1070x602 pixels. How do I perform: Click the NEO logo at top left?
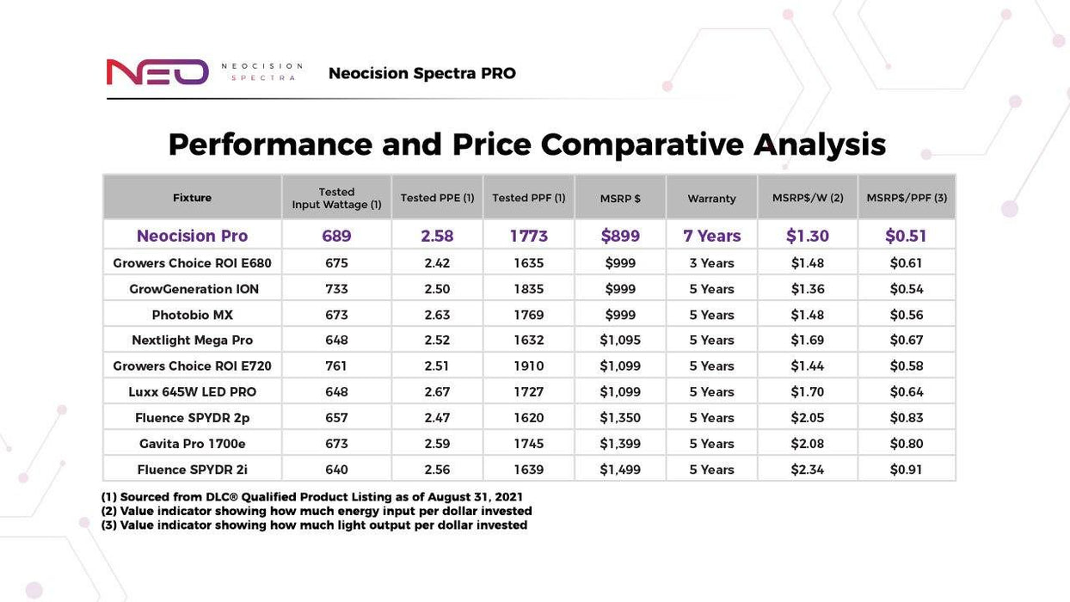click(157, 72)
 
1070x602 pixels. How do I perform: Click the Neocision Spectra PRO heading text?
click(421, 73)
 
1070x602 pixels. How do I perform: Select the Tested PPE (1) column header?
click(437, 198)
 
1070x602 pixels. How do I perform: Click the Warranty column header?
click(711, 199)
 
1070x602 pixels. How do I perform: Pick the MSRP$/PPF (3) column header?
click(907, 198)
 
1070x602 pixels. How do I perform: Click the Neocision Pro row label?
click(192, 236)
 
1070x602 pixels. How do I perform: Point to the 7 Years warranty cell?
click(711, 236)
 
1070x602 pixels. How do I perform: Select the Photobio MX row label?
click(192, 315)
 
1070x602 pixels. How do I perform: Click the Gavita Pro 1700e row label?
click(192, 444)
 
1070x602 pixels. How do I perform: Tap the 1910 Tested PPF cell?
click(528, 366)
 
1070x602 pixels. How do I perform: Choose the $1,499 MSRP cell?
click(620, 470)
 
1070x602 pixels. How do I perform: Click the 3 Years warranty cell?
click(711, 263)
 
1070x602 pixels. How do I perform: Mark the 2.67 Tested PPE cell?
click(437, 392)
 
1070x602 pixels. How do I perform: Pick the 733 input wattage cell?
click(336, 289)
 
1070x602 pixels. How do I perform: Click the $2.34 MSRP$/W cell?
click(808, 470)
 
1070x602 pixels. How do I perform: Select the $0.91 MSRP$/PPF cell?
click(907, 470)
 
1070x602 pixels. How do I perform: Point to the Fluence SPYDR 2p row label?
click(192, 418)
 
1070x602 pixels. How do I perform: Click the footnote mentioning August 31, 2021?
click(312, 497)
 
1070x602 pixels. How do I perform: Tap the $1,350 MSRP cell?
click(620, 418)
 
